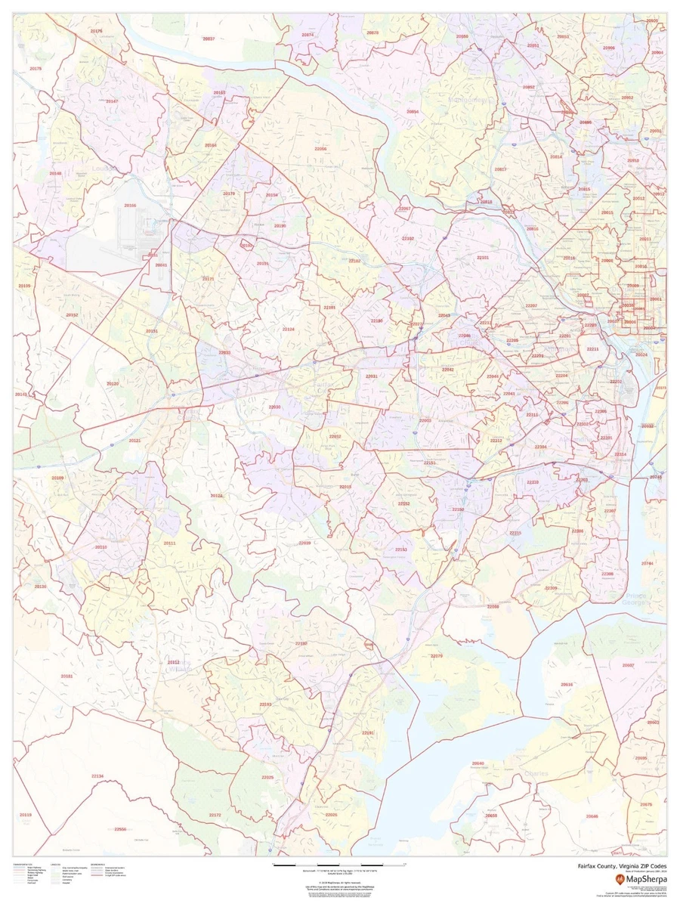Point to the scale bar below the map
pyautogui.click(x=339, y=863)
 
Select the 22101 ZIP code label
pyautogui.click(x=484, y=258)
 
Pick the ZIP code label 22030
pyautogui.click(x=274, y=407)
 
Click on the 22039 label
pyautogui.click(x=304, y=543)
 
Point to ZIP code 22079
pyautogui.click(x=437, y=656)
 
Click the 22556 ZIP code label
pyautogui.click(x=120, y=829)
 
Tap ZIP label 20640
pyautogui.click(x=478, y=763)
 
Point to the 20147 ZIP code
pyautogui.click(x=112, y=101)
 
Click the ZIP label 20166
pyautogui.click(x=131, y=205)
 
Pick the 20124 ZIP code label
pyautogui.click(x=216, y=496)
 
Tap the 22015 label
pyautogui.click(x=345, y=487)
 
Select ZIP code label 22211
pyautogui.click(x=593, y=349)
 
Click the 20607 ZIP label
pyautogui.click(x=628, y=665)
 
